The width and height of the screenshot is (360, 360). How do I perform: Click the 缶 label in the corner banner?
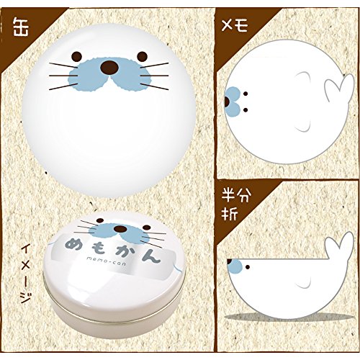(x=21, y=27)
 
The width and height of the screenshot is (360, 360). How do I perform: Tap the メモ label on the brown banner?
(x=234, y=26)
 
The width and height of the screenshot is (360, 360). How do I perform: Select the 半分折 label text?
(x=236, y=204)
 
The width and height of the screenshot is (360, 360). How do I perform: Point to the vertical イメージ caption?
(x=25, y=272)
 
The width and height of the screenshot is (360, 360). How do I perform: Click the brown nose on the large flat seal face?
(x=109, y=68)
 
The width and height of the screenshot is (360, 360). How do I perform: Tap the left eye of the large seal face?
(x=77, y=57)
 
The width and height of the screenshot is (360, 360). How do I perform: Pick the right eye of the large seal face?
(x=142, y=57)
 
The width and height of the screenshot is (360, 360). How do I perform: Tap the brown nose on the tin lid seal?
(x=120, y=229)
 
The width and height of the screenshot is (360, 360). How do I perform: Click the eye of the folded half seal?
(x=248, y=267)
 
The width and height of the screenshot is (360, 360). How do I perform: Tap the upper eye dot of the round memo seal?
(x=246, y=94)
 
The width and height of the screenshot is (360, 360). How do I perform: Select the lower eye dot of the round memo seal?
(x=246, y=110)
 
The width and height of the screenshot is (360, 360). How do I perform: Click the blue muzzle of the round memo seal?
(x=233, y=102)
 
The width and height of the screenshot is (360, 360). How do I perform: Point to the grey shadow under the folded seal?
(x=288, y=317)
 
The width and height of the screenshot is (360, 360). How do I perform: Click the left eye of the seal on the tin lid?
(x=100, y=220)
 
